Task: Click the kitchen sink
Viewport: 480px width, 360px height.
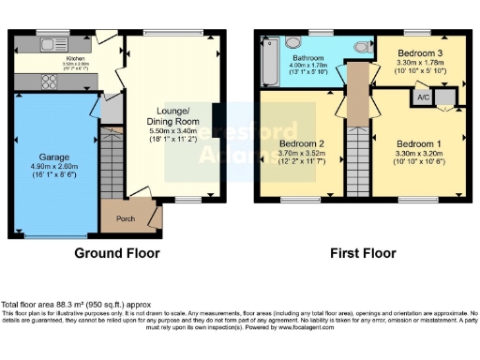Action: coord(47,42)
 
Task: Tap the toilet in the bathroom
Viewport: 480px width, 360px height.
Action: coord(362,44)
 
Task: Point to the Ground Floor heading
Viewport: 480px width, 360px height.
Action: coord(117,253)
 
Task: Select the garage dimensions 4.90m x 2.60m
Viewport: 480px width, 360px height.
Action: coord(54,169)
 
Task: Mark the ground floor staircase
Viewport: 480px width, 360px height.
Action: coord(112,163)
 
